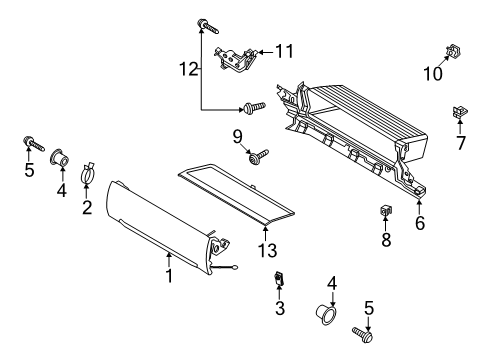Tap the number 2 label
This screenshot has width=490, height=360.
[x=87, y=207]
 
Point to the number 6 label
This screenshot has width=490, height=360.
[x=420, y=223]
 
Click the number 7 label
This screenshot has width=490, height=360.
[x=461, y=144]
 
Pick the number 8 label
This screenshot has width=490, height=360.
[x=386, y=241]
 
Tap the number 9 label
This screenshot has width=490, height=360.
[x=238, y=135]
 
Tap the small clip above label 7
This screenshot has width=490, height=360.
[x=461, y=113]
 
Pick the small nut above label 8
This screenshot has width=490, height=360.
[x=385, y=211]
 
